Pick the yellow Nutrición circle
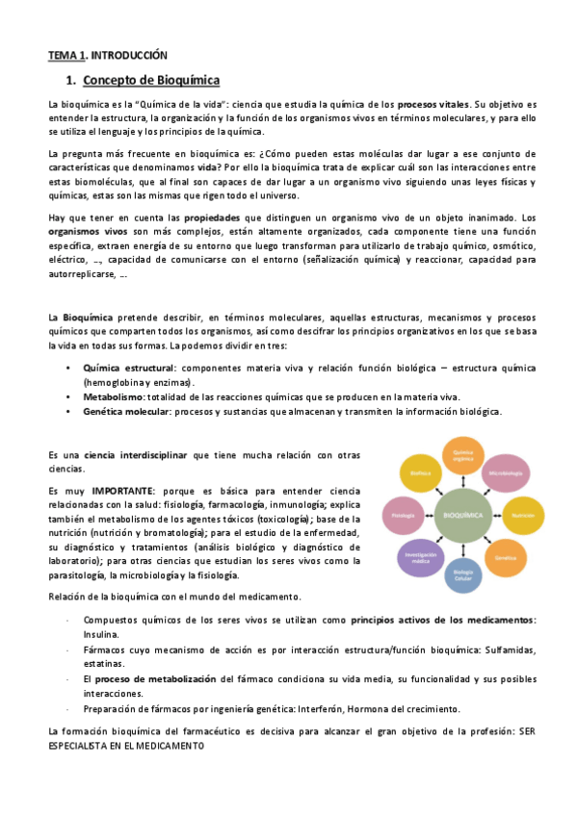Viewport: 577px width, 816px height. (x=523, y=515)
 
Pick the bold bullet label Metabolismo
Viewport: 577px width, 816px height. (x=114, y=396)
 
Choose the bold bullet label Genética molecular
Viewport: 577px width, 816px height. (x=126, y=411)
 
